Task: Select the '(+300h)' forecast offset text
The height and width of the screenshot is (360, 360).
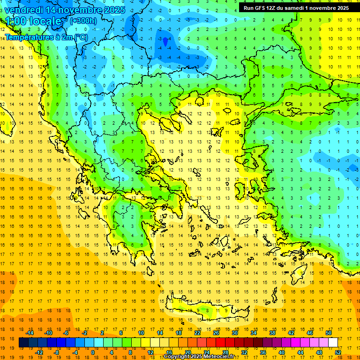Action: pyautogui.click(x=83, y=21)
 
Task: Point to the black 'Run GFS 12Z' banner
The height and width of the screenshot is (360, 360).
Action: pyautogui.click(x=296, y=8)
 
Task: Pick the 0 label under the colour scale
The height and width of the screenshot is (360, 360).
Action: pyautogui.click(x=92, y=352)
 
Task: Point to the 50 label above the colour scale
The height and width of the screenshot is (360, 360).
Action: pyautogui.click(x=328, y=333)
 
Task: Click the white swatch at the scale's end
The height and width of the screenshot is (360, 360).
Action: pyautogui.click(x=333, y=343)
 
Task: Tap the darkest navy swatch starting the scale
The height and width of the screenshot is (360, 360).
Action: pyautogui.click(x=23, y=343)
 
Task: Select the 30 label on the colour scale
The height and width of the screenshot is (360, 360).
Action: pyautogui.click(x=234, y=333)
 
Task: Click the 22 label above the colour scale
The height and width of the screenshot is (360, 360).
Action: pyautogui.click(x=197, y=333)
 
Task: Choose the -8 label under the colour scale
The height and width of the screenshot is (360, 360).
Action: pyautogui.click(x=57, y=352)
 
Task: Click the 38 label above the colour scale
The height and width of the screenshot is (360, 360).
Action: pyautogui.click(x=272, y=333)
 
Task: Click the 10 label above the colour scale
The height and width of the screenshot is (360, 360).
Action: pyautogui.click(x=141, y=333)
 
